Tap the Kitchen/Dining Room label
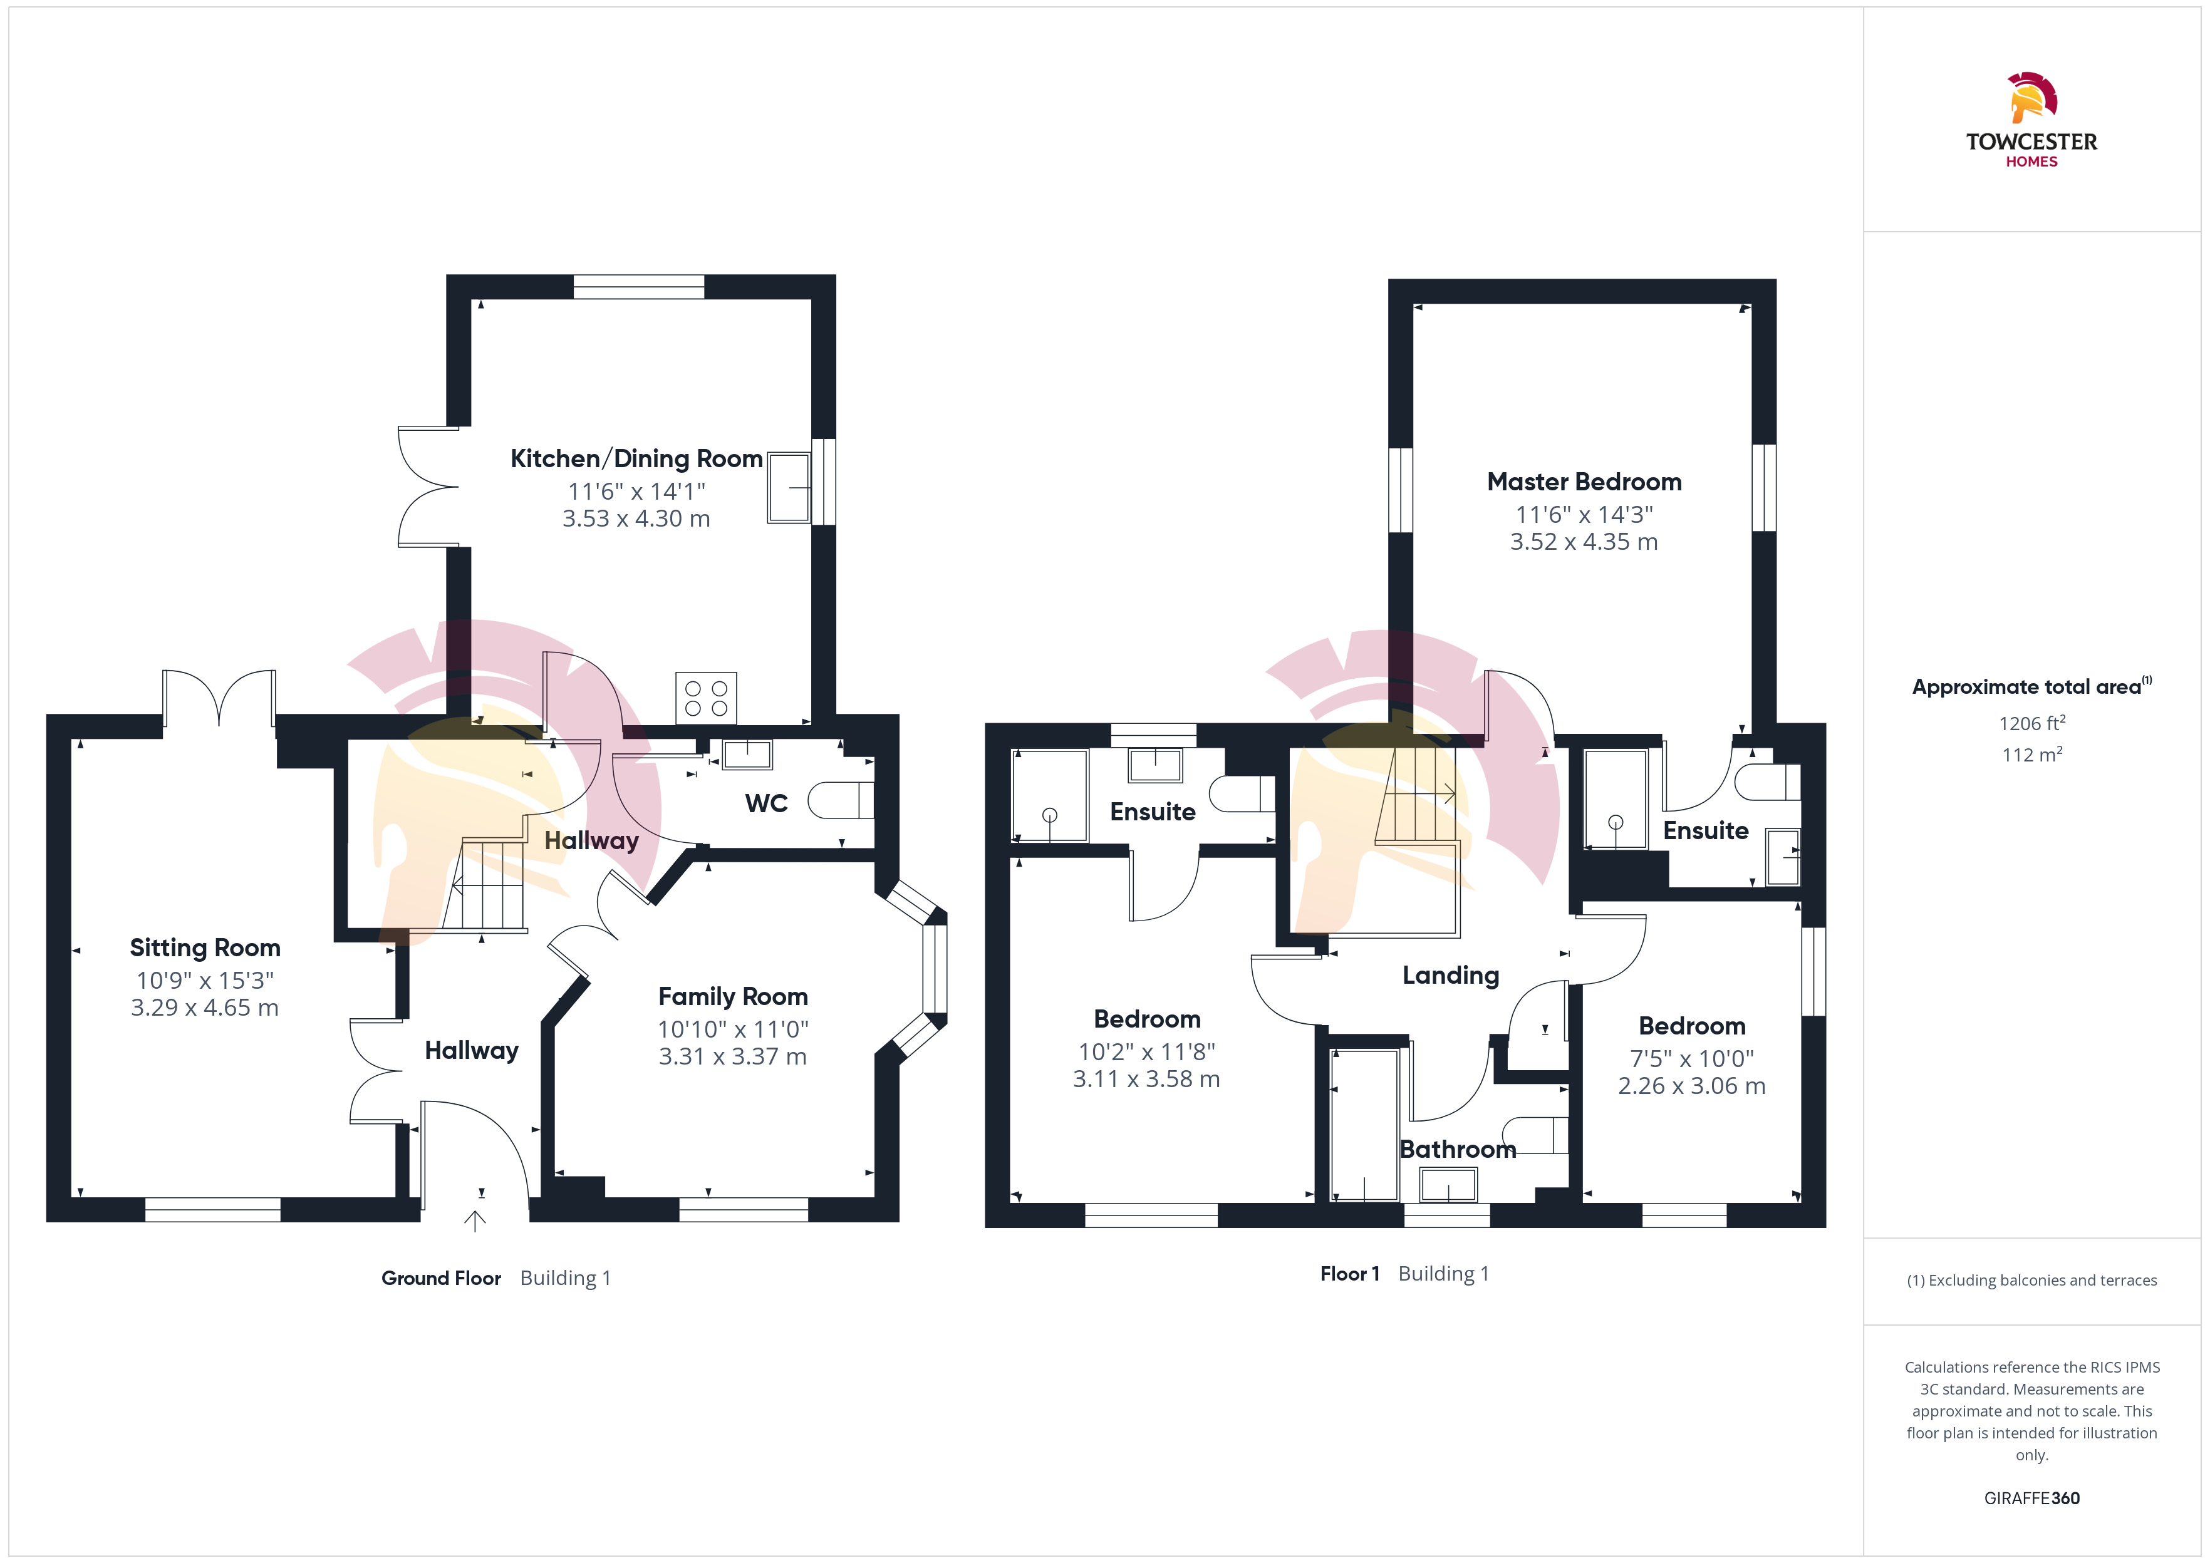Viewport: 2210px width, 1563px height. coord(636,459)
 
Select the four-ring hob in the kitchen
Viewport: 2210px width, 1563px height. coord(705,698)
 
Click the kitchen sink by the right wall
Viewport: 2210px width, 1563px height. coord(789,488)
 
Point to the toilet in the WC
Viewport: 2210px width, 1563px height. coord(840,800)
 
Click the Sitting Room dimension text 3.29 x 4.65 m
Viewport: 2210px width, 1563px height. coord(205,1008)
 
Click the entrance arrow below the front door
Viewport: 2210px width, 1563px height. coord(475,1220)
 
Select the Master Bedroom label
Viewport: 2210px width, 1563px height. coord(1584,482)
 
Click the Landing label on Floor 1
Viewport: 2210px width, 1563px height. coord(1451,976)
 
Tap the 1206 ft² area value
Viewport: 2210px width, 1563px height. coord(2032,723)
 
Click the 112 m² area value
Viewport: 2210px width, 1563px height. coord(2032,755)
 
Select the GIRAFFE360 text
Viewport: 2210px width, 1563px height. coord(2032,1499)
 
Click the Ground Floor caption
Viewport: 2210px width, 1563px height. coord(441,1278)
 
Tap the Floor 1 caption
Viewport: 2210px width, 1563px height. coord(1349,1274)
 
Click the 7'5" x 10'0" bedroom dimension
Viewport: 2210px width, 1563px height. coord(1692,1059)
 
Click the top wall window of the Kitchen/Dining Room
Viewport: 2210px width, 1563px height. coord(638,287)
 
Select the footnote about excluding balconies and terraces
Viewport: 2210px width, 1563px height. coord(2032,1280)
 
